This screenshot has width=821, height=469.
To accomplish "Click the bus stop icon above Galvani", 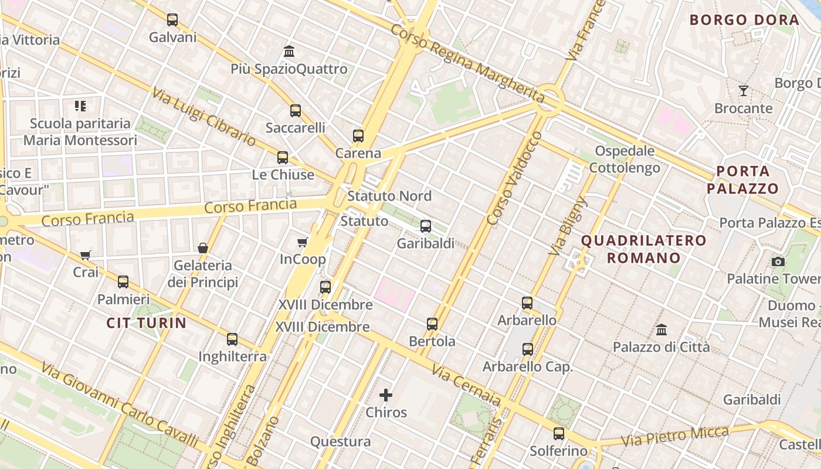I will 172,20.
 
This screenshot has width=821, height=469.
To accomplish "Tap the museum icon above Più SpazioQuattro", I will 289,52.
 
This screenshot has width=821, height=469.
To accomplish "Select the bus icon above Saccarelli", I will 296,111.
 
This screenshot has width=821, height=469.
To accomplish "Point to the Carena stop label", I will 358,154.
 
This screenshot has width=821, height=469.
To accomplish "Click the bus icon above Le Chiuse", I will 283,158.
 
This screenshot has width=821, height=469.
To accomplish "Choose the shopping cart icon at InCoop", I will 303,242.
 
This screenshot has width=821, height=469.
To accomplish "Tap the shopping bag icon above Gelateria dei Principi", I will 203,248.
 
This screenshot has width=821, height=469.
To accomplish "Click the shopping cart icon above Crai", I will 86,255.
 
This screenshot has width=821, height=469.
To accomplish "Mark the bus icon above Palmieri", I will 123,282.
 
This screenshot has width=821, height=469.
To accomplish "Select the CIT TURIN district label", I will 147,322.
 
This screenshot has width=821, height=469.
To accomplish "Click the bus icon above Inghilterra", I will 232,339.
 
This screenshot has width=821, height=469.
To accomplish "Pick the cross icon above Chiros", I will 386,395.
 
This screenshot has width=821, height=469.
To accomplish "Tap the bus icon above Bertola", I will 432,324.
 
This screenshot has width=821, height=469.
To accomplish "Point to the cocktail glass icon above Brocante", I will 744,91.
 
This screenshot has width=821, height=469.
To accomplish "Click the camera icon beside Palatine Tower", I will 778,262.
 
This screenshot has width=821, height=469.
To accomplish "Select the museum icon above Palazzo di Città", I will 661,330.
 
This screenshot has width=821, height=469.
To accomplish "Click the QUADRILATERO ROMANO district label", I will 643,249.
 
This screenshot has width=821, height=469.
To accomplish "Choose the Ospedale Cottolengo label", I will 625,159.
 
